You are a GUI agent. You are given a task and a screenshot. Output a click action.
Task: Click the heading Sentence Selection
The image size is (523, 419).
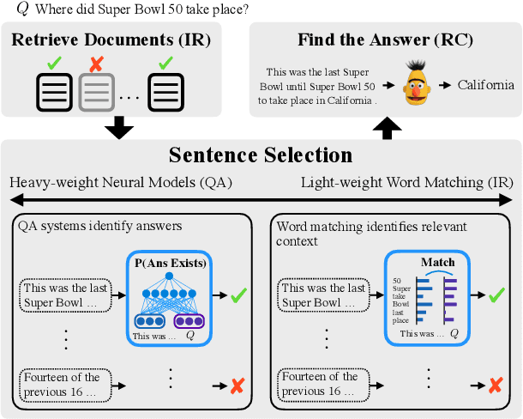[x=261, y=155]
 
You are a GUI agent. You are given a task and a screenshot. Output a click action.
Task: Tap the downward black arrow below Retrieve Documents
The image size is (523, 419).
[x=120, y=127]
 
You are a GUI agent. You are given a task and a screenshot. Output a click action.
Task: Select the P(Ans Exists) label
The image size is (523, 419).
[x=168, y=262]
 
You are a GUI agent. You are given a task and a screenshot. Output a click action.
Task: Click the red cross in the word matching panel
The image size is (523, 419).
[x=495, y=385]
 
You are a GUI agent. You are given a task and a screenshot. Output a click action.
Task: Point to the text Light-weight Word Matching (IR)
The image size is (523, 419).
[x=406, y=183]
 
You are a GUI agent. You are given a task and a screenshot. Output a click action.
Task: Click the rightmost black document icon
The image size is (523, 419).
[x=164, y=90]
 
